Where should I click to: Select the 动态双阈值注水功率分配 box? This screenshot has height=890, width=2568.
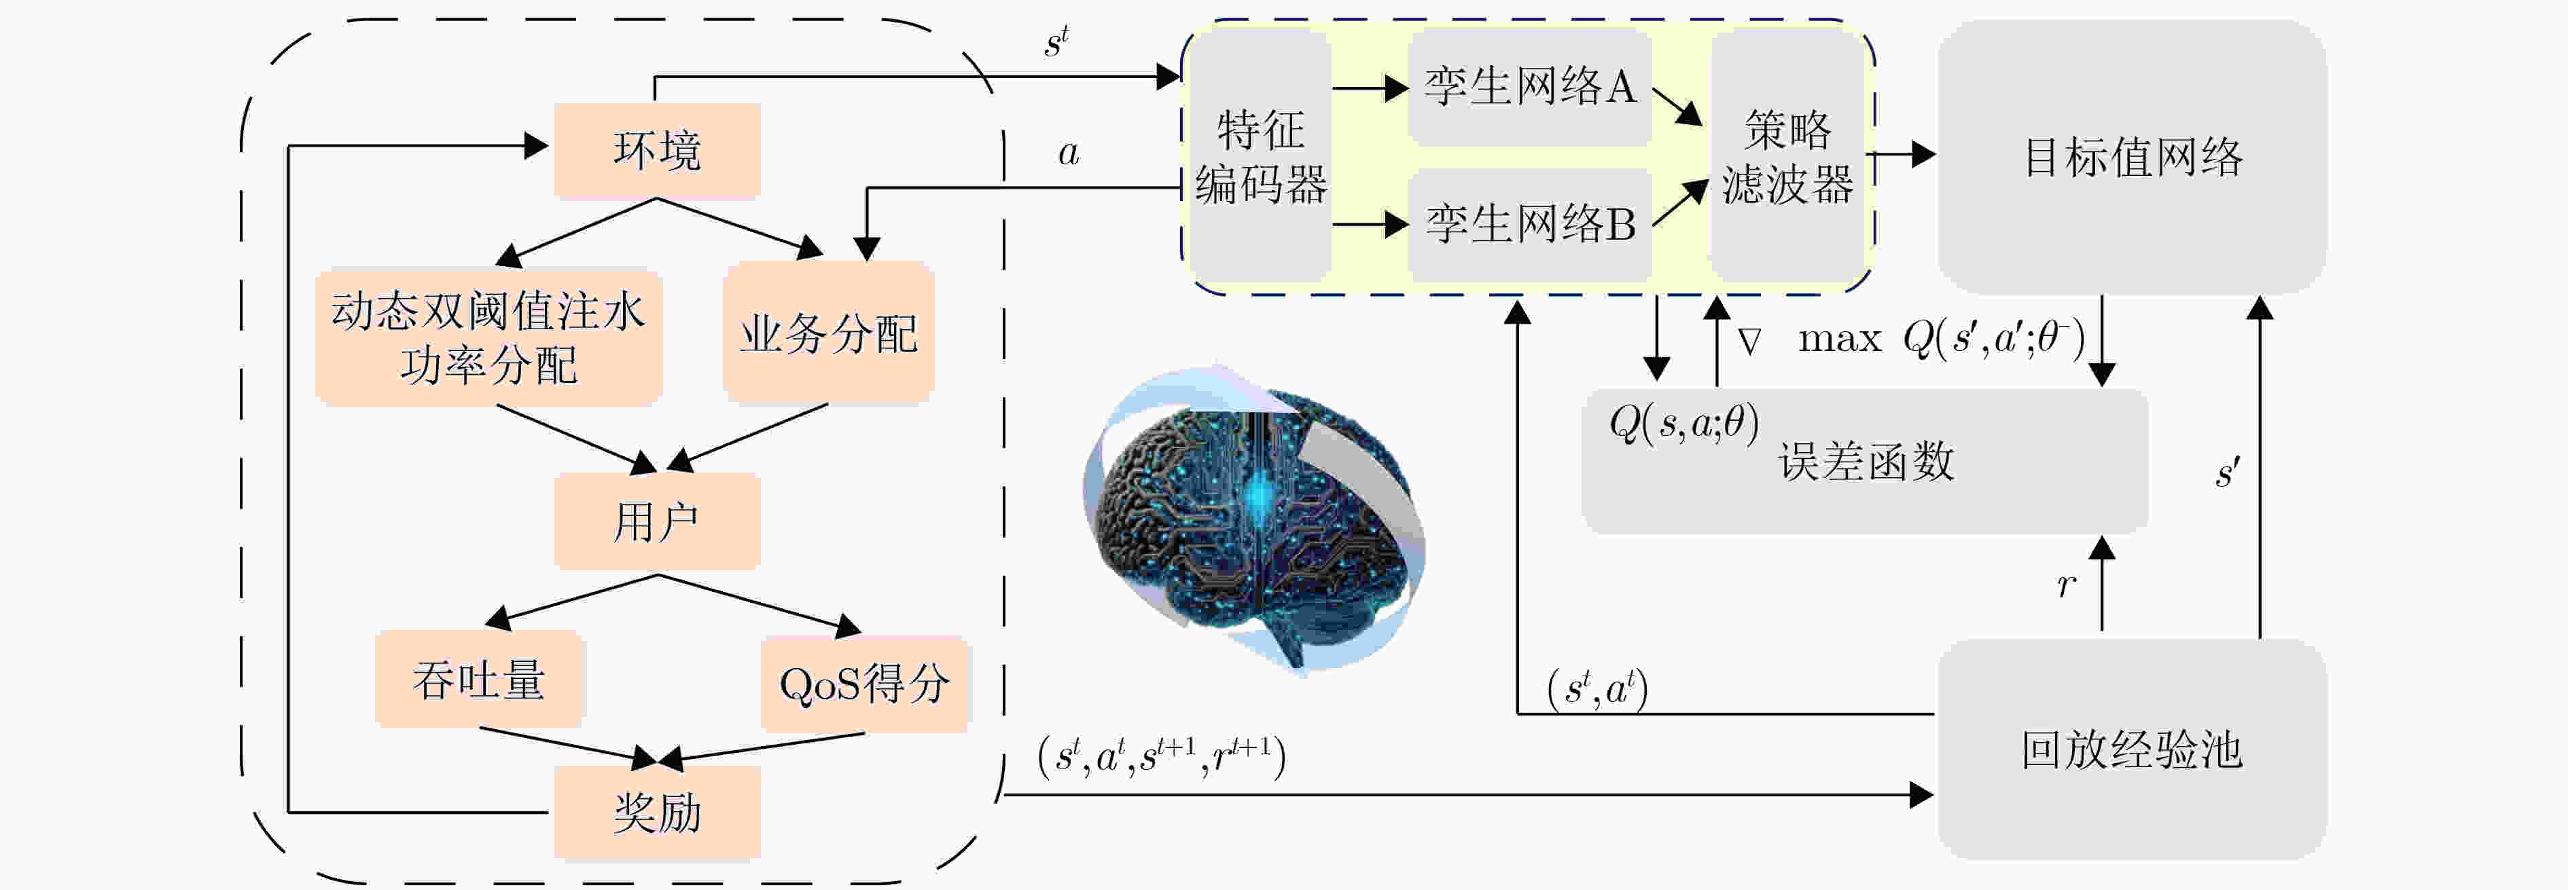coord(488,337)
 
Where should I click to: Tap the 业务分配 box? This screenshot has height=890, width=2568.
coord(828,333)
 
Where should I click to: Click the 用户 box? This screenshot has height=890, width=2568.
coord(657,521)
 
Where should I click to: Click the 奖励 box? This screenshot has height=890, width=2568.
coord(657,812)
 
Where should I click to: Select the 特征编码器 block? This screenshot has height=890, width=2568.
coord(1261,155)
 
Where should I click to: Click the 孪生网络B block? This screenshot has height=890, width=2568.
coord(1529,223)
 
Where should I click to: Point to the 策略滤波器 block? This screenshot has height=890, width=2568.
coord(1787,155)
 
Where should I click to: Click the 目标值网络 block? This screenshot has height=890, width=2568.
coord(2133,156)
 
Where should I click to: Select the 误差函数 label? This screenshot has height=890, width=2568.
coord(1866,462)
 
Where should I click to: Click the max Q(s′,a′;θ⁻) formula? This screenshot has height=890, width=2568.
coord(1941,339)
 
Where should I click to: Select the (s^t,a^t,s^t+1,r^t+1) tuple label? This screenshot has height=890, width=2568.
coord(1162,756)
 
